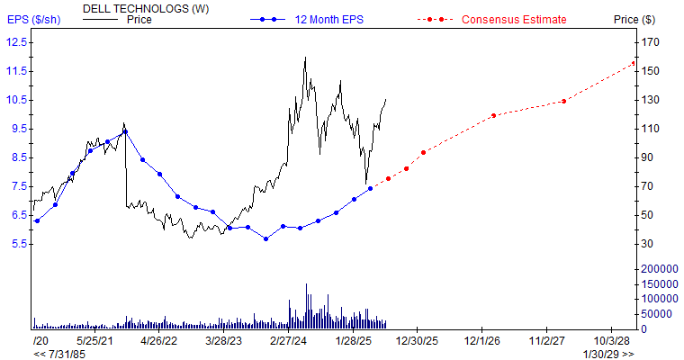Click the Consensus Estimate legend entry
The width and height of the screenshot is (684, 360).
point(514,19)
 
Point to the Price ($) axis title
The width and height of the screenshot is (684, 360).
point(634,19)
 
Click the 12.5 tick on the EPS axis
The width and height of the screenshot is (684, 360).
point(15,42)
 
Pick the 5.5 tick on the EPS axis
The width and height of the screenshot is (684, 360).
point(15,244)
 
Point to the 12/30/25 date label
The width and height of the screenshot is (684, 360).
point(418,341)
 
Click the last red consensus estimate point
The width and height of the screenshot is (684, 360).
point(634,63)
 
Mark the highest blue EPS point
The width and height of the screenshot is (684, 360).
point(125,131)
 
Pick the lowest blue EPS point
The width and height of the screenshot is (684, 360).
point(265,238)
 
